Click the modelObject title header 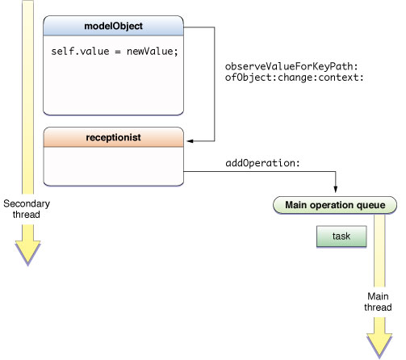click(x=113, y=26)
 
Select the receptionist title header click(x=113, y=137)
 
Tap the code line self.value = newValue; click(x=115, y=51)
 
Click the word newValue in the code click(x=149, y=51)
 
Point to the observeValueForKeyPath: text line click(x=291, y=66)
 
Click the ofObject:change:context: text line click(x=295, y=77)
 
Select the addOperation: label click(x=262, y=163)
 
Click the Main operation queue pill click(x=335, y=205)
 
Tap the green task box click(x=341, y=237)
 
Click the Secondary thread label click(x=27, y=209)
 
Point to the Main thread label click(x=378, y=302)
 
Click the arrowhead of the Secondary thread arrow click(x=27, y=253)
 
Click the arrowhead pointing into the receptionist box click(x=190, y=141)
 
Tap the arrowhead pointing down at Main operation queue click(x=336, y=189)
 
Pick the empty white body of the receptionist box click(x=113, y=166)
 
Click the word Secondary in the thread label click(x=27, y=203)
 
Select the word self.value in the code click(x=80, y=51)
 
